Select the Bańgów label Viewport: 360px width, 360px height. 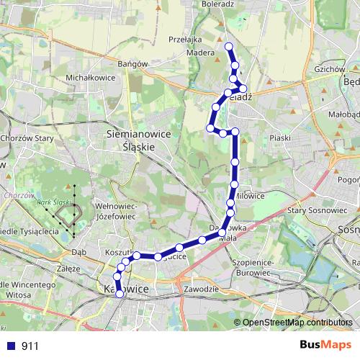132,63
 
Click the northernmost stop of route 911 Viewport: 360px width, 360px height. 229,47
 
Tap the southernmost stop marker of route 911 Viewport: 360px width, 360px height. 120,294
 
